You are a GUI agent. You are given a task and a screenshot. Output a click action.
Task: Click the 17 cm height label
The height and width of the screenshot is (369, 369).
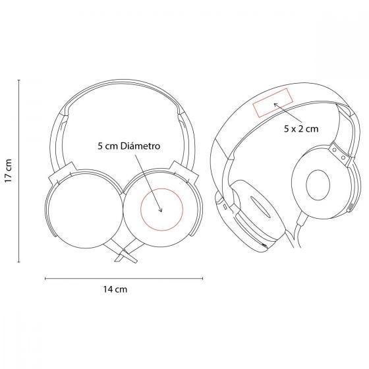[x=9, y=171]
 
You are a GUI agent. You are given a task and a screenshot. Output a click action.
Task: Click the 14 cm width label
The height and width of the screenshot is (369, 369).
[x=115, y=289]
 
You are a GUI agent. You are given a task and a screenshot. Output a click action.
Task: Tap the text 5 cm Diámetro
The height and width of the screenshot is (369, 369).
[x=129, y=146]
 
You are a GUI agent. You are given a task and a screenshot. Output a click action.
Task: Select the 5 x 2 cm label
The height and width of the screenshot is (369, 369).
[x=301, y=128]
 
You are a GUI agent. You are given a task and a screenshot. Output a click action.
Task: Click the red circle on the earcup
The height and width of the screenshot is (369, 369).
[x=141, y=210]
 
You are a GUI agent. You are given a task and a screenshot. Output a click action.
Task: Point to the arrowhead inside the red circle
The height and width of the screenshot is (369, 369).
[x=161, y=210]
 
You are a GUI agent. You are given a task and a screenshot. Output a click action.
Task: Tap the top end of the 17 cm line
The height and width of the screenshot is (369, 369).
[x=19, y=80]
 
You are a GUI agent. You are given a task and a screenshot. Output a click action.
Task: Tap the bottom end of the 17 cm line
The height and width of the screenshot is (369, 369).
[x=19, y=262]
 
